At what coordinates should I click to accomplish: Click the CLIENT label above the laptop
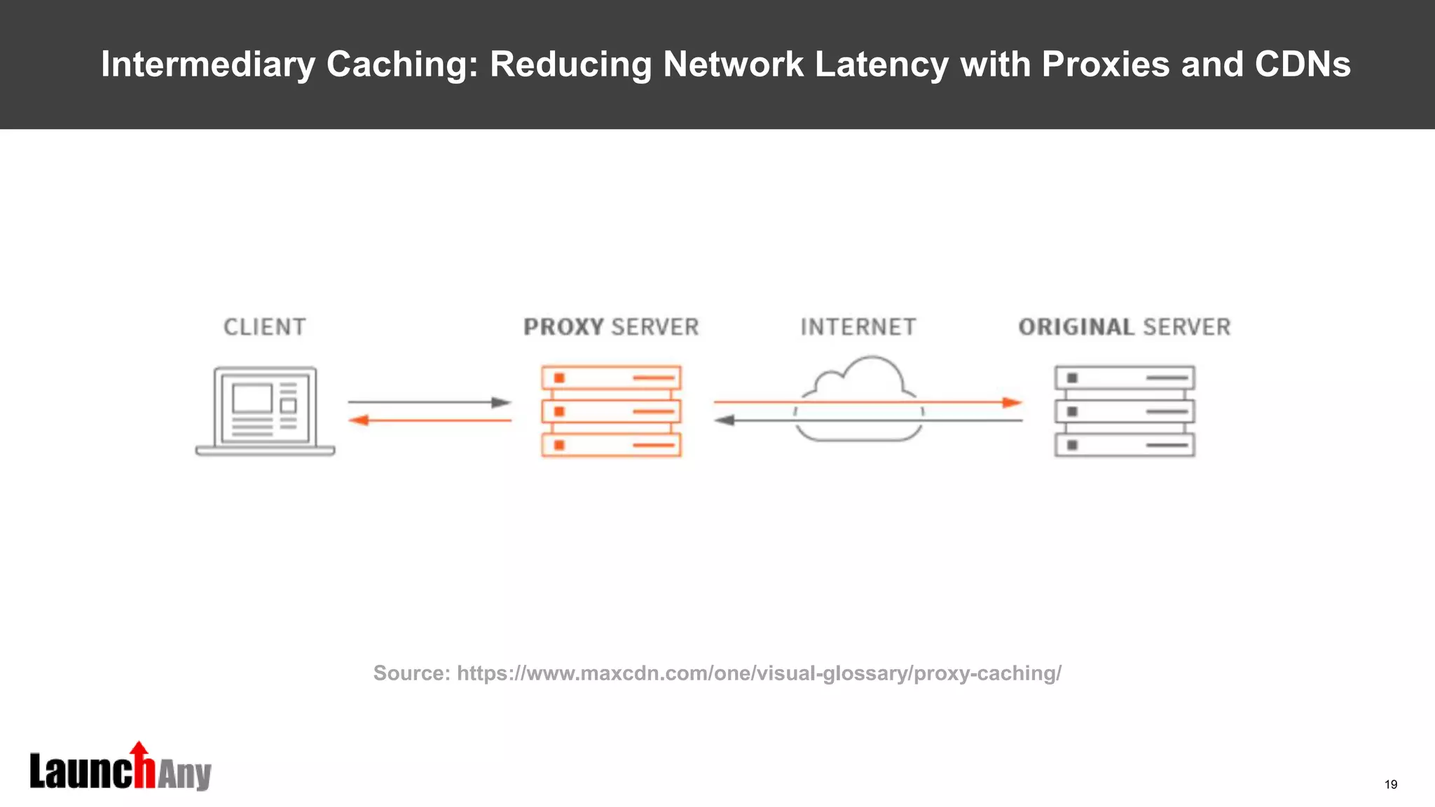265,327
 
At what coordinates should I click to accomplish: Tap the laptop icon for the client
265,411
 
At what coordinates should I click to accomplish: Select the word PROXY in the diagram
563,327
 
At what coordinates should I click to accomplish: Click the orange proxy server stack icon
611,411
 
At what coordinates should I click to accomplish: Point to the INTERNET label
858,327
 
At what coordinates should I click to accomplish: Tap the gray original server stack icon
1125,411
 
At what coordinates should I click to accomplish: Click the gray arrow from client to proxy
430,402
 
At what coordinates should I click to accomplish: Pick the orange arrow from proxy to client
430,420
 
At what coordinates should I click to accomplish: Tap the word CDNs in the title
1302,64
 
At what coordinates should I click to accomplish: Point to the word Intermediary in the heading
207,64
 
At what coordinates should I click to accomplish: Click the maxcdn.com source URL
759,673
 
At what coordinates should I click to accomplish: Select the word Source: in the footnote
411,673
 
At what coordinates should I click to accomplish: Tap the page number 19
1391,785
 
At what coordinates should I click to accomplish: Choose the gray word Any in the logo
184,775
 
